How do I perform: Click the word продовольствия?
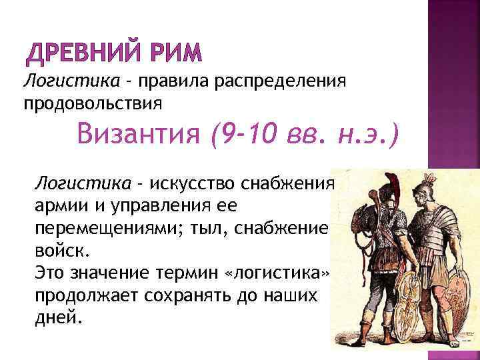coord(93,104)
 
